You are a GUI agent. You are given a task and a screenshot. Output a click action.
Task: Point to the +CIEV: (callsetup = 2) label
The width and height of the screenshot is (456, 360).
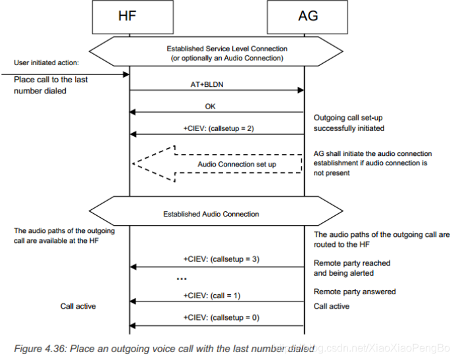tap(216, 128)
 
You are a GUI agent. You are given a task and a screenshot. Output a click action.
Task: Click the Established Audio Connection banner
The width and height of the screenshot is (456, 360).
tap(216, 214)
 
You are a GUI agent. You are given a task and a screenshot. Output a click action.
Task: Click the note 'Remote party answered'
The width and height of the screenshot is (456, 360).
tap(355, 292)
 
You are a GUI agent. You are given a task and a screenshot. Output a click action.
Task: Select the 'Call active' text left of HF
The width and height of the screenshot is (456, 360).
tap(78, 307)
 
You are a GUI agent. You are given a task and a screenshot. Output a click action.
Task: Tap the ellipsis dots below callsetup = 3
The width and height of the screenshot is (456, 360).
tap(182, 279)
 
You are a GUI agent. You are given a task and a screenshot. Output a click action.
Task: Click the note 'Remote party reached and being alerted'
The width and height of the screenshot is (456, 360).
tap(352, 268)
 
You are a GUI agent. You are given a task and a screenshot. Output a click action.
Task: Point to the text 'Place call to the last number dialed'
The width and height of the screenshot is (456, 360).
tap(51, 84)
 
